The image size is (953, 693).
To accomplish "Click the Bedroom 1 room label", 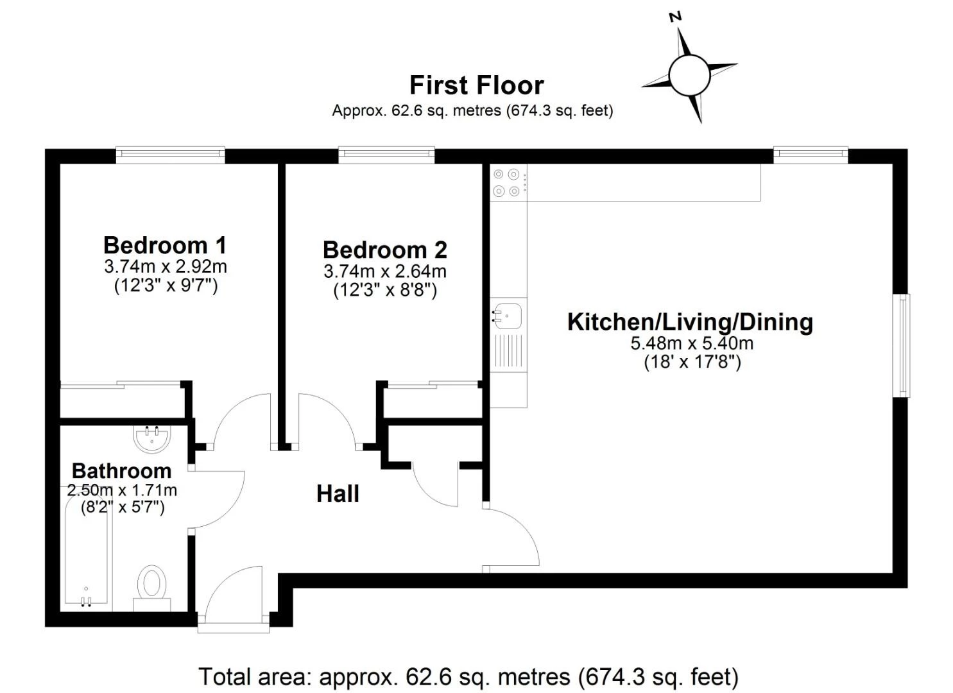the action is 165,246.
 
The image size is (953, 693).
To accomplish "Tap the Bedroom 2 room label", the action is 385,250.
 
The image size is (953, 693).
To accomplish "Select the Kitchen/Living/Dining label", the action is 690,323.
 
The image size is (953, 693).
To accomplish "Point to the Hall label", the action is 338,494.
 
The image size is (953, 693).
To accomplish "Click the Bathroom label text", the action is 122,471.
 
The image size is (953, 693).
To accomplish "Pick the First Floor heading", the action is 476,85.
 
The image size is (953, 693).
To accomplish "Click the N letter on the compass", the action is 675,17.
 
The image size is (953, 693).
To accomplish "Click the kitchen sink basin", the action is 507,316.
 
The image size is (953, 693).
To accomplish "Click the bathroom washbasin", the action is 151,439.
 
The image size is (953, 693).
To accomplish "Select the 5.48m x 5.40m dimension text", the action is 692,343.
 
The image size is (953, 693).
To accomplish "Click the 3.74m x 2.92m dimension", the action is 166,267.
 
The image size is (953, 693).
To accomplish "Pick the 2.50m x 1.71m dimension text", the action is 122,490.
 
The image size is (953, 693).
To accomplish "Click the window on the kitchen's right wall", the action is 904,345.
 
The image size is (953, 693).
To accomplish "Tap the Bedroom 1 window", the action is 170,155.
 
